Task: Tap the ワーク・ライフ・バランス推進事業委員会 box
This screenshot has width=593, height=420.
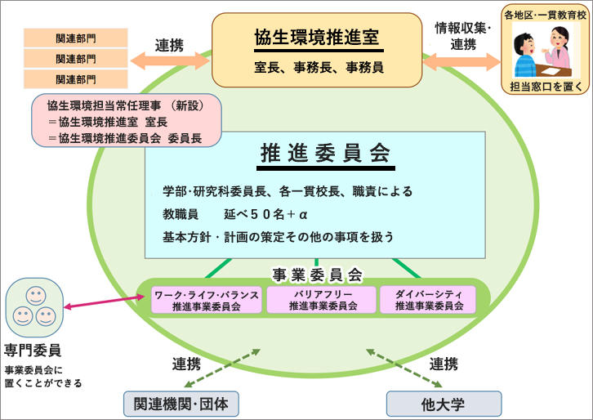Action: tap(207, 300)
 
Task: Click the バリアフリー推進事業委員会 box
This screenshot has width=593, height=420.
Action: tap(323, 300)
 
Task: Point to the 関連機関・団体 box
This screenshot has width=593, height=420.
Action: tap(181, 402)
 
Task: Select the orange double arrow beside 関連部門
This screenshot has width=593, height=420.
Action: tap(170, 61)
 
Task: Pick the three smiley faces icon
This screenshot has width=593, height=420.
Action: tap(35, 305)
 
